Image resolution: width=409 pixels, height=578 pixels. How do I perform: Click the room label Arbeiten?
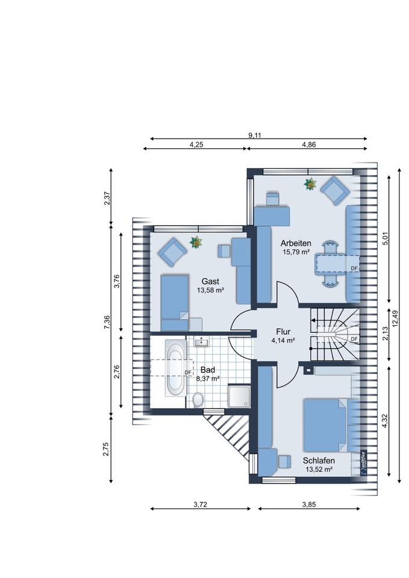coord(296,243)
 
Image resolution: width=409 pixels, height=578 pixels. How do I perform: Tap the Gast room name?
coord(210,282)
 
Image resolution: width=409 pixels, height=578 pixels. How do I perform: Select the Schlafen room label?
coord(319,461)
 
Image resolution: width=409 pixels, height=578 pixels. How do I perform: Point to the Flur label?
coord(283,332)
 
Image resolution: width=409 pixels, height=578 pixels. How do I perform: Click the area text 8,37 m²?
coord(208,378)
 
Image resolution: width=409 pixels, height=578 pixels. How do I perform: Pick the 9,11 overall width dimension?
coord(254,135)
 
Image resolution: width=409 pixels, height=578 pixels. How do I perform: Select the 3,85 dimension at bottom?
coord(309,505)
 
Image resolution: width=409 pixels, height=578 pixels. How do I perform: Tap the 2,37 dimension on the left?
coord(107,197)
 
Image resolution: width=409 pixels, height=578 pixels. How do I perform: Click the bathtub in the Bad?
coord(175,368)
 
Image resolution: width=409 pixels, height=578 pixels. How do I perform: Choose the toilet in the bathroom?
coord(198,400)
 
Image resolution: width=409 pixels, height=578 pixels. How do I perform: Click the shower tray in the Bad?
coord(239,396)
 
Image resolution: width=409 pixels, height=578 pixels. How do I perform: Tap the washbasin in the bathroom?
coord(201,342)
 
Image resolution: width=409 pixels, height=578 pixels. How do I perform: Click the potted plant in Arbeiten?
coord(310,184)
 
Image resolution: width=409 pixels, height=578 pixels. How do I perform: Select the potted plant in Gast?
coord(196,242)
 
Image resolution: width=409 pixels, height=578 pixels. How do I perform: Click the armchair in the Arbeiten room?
coord(335,190)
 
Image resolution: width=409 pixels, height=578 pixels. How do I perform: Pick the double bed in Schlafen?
coord(325,425)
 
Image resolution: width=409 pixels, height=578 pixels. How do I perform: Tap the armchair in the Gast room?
coord(172,252)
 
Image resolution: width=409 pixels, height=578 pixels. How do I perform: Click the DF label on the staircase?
coord(354,339)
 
